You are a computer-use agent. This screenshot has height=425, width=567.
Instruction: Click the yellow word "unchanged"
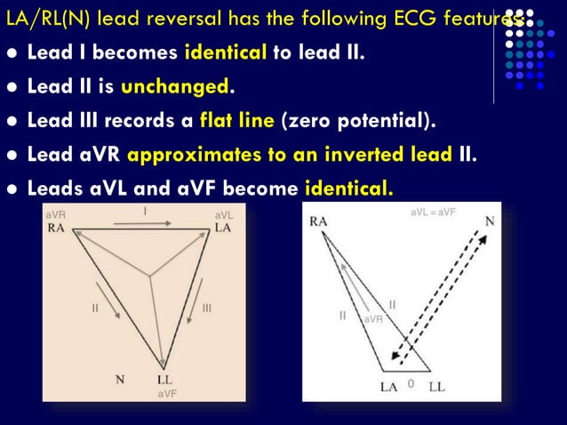click(x=175, y=86)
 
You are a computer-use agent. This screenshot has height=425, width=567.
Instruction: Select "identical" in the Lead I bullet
click(x=226, y=52)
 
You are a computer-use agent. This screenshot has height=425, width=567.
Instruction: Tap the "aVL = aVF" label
click(x=433, y=213)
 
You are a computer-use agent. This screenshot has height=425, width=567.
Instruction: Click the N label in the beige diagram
click(x=119, y=379)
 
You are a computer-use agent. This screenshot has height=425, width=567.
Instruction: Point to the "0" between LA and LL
click(x=410, y=383)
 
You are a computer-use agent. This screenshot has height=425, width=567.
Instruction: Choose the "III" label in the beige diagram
click(x=206, y=308)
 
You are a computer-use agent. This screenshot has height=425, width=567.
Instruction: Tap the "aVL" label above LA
click(x=223, y=215)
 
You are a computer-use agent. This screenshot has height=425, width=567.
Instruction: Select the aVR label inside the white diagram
click(x=373, y=318)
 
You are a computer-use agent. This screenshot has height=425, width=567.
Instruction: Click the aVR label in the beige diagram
click(x=55, y=215)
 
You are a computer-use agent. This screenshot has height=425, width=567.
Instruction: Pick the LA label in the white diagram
click(x=389, y=386)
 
